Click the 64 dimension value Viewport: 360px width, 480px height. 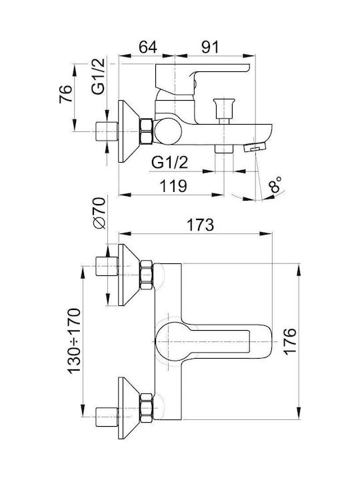148,47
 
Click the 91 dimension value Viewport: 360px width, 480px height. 210,47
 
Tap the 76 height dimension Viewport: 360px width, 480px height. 66,94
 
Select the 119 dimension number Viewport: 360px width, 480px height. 173,186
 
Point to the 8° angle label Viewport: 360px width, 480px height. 275,185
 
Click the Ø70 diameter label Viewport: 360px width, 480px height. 99,213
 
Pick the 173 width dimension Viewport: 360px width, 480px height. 200,225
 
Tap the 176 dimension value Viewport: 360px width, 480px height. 289,341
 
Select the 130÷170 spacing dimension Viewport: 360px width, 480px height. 74,341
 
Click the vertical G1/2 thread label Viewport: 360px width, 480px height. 99,76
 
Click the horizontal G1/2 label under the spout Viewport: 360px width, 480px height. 169,162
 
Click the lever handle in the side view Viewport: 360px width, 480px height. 202,77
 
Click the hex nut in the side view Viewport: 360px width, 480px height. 146,131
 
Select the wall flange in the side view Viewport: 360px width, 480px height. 129,131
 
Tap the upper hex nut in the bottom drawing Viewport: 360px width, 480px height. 146,275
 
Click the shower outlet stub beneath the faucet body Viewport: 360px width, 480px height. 224,149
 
